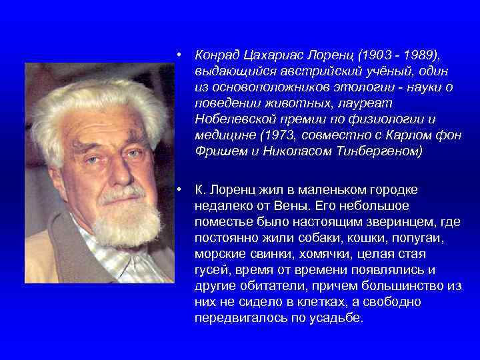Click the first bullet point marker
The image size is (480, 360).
point(181,56)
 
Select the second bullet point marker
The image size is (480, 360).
point(181,190)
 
